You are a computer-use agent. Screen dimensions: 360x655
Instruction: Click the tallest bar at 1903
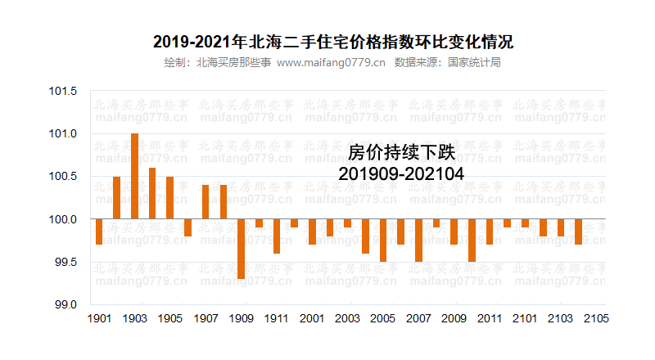pyautogui.click(x=134, y=176)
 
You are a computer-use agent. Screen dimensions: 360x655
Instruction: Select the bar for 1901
pyautogui.click(x=99, y=232)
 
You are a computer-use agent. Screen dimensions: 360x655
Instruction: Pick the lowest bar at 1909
pyautogui.click(x=241, y=249)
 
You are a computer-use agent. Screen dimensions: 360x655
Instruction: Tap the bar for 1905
pyautogui.click(x=169, y=198)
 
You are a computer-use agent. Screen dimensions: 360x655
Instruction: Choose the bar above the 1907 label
pyautogui.click(x=206, y=202)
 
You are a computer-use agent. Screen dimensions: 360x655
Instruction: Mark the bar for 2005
pyautogui.click(x=382, y=241)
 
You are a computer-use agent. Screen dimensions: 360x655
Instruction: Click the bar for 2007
pyautogui.click(x=418, y=241)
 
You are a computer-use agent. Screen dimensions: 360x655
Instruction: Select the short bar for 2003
pyautogui.click(x=347, y=223)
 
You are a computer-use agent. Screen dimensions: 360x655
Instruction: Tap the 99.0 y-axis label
pyautogui.click(x=65, y=304)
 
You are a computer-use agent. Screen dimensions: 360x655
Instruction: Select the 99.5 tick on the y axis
pyautogui.click(x=65, y=262)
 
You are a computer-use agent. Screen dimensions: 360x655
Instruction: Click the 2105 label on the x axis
pyautogui.click(x=596, y=319)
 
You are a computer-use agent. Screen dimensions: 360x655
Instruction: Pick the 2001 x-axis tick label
pyautogui.click(x=312, y=319)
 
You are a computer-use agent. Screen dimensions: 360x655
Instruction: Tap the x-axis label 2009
pyautogui.click(x=454, y=319)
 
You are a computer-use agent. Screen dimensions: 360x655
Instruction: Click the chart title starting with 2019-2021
pyautogui.click(x=327, y=41)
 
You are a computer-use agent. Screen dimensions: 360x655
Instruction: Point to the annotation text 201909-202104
pyautogui.click(x=401, y=173)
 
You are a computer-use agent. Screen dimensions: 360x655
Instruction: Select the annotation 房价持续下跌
pyautogui.click(x=401, y=152)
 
